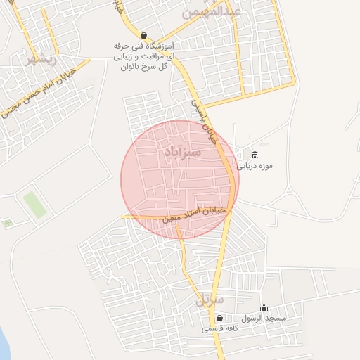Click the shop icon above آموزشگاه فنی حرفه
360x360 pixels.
(144, 35)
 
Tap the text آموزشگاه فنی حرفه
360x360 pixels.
(144, 46)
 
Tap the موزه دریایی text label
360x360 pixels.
(254, 167)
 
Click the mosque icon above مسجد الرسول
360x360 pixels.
(264, 307)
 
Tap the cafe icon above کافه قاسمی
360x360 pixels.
(219, 318)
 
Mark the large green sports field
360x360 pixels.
(34, 205)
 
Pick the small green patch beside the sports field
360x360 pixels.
(8, 224)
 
